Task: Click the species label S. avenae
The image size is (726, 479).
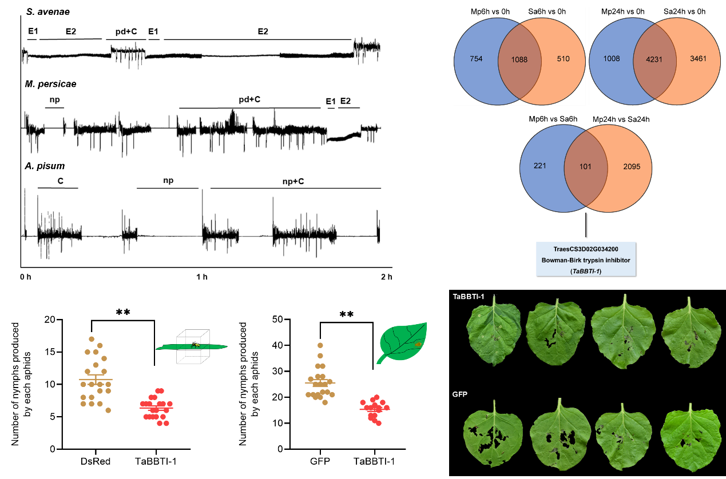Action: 45,12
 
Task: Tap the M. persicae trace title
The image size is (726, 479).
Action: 51,84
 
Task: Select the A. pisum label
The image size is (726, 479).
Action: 45,166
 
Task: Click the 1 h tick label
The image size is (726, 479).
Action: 201,278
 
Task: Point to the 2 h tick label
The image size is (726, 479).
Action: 386,278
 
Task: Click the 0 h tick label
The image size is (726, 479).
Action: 26,278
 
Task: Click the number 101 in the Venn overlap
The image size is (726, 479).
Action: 585,167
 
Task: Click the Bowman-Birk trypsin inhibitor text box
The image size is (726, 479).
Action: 585,259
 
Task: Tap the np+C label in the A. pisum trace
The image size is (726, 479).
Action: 293,181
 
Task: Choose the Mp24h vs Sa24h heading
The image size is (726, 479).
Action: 621,119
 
